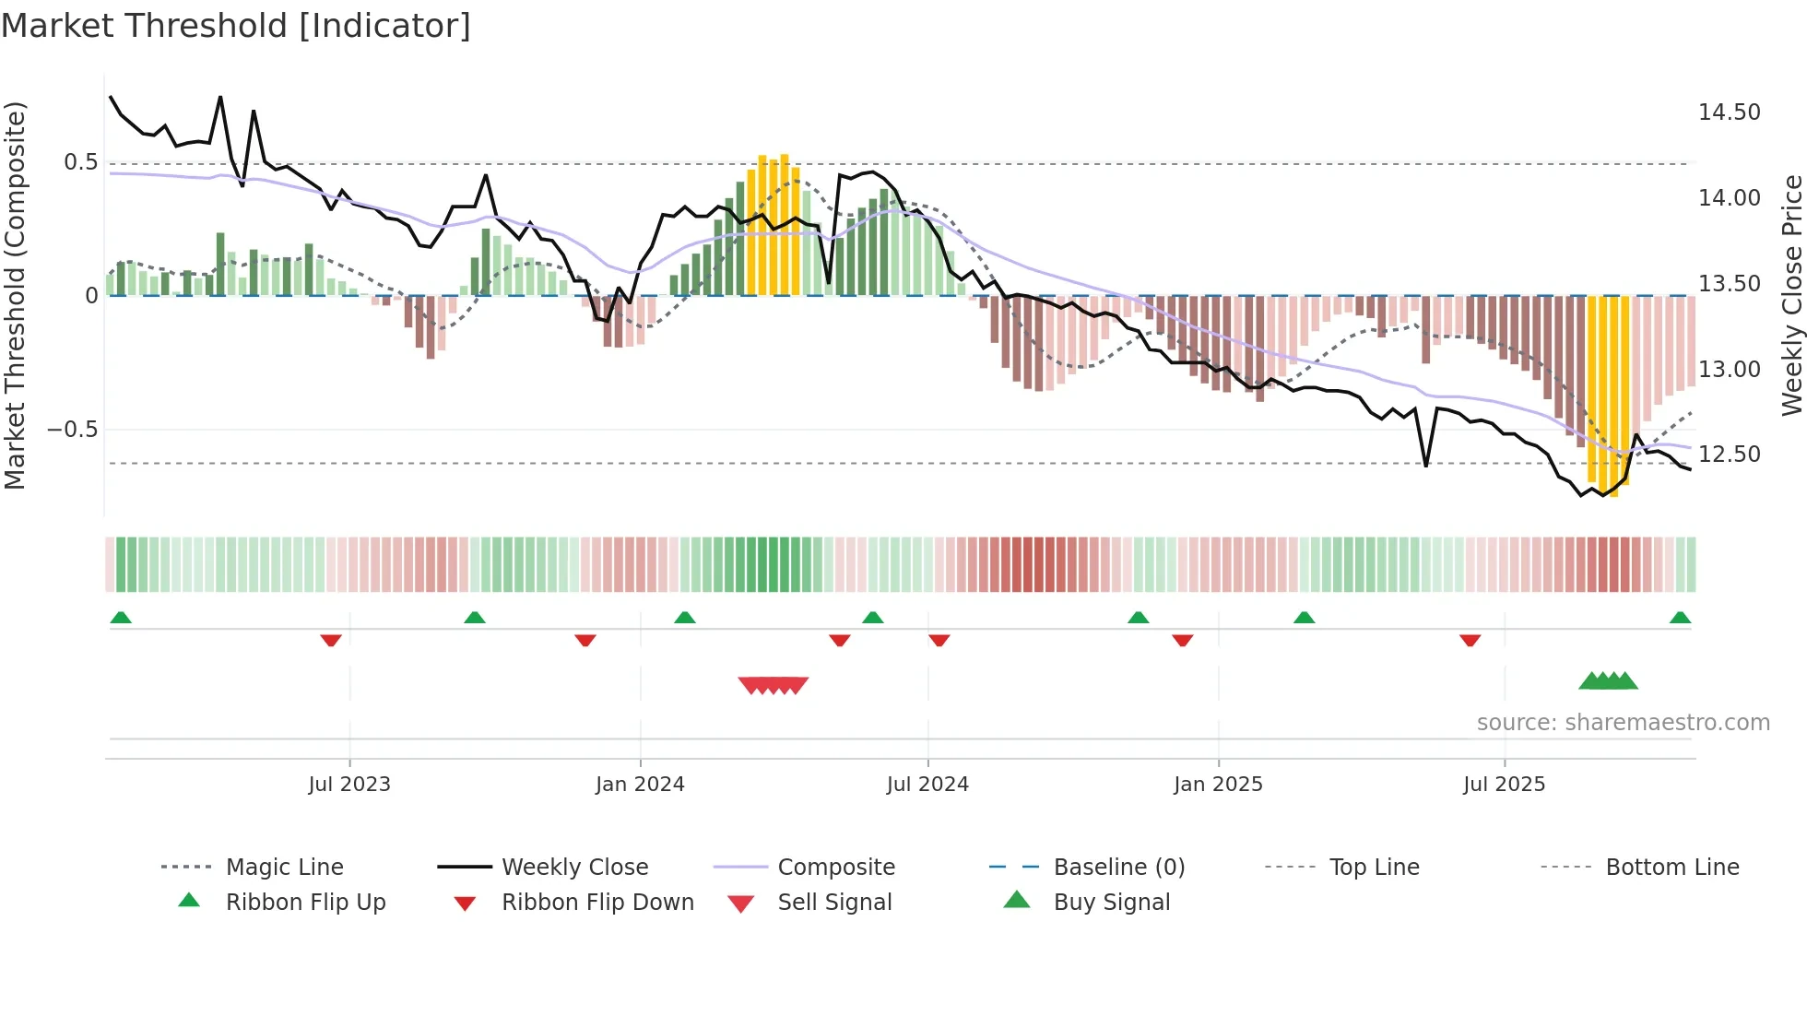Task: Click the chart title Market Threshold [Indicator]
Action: coord(236,26)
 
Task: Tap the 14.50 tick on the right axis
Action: coord(1729,112)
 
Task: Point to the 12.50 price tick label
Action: coord(1729,455)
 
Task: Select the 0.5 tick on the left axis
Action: coord(81,162)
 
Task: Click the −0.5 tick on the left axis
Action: coord(72,430)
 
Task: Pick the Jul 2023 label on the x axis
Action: coord(349,785)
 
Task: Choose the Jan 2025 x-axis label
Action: coord(1218,785)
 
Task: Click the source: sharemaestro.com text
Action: coord(1623,723)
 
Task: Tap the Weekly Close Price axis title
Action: coord(1791,295)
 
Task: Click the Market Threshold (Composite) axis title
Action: coord(15,295)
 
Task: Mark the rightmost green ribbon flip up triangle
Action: coord(1680,618)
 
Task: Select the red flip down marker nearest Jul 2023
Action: coord(331,640)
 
